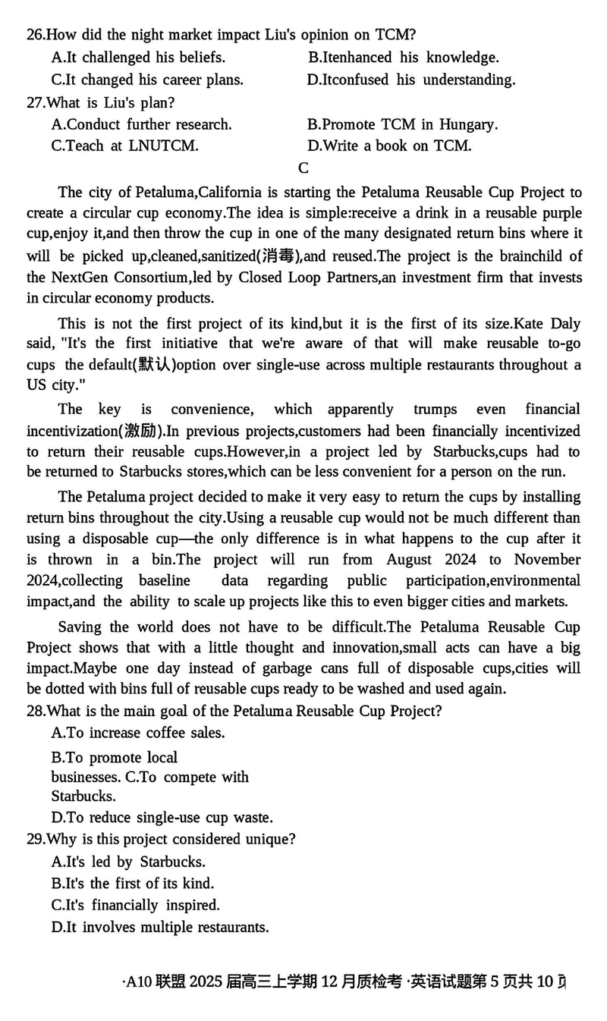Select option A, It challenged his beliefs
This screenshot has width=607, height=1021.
pyautogui.click(x=138, y=57)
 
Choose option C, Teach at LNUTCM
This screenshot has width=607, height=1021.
pyautogui.click(x=124, y=146)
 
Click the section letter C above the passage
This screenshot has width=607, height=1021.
pyautogui.click(x=303, y=168)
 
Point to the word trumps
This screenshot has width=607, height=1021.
pyautogui.click(x=435, y=410)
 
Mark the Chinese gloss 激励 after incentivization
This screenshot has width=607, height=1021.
pyautogui.click(x=142, y=432)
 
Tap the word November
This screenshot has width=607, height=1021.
pyautogui.click(x=547, y=560)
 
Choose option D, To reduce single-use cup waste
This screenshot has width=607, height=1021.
pyautogui.click(x=162, y=818)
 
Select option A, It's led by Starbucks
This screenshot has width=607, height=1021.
pyautogui.click(x=128, y=862)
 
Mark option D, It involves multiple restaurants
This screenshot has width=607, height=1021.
pyautogui.click(x=159, y=927)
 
